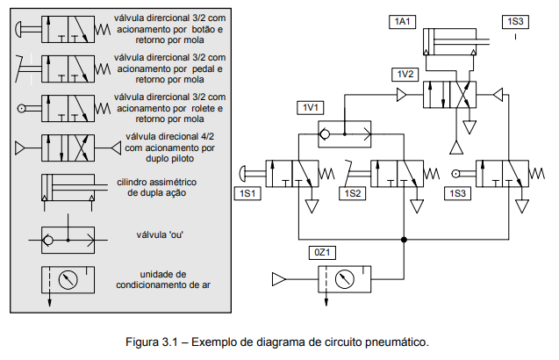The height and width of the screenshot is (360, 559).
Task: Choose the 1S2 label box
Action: (x=354, y=192)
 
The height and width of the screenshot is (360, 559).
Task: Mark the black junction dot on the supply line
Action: (x=404, y=239)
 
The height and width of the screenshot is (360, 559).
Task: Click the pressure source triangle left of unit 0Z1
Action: (x=279, y=280)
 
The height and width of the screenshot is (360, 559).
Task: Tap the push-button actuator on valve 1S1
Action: (x=247, y=172)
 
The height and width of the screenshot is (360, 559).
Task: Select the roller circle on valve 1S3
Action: (x=456, y=173)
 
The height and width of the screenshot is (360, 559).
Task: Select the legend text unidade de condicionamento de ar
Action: (x=168, y=279)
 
